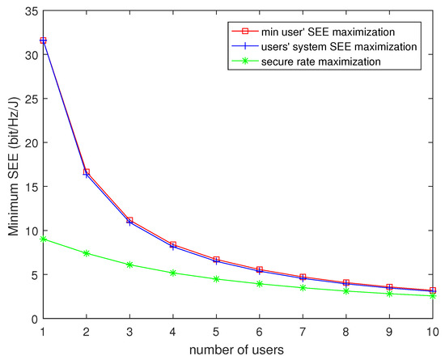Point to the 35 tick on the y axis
pyautogui.click(x=30, y=11)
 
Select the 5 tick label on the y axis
pyautogui.click(x=33, y=274)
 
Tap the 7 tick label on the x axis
pyautogui.click(x=303, y=332)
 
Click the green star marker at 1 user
pyautogui.click(x=43, y=239)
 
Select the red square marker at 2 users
pyautogui.click(x=87, y=172)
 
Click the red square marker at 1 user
pyautogui.click(x=43, y=40)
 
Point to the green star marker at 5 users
pyautogui.click(x=216, y=279)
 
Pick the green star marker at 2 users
pyautogui.click(x=87, y=253)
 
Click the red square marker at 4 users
pyautogui.click(x=173, y=244)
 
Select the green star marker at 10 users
pyautogui.click(x=433, y=296)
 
